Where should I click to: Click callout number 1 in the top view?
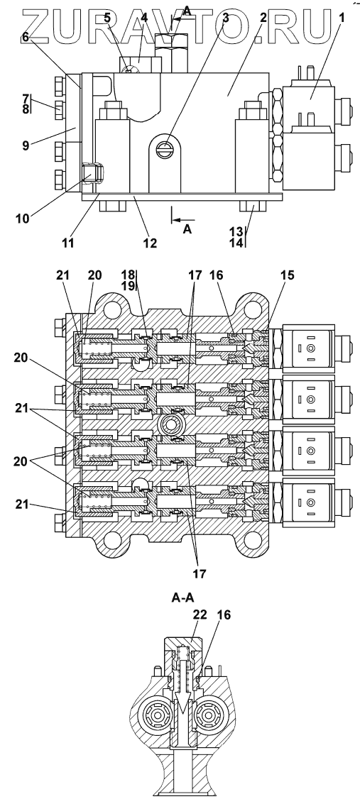(x=342, y=17)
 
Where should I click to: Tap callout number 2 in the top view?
(x=263, y=17)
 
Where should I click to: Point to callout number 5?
(x=107, y=17)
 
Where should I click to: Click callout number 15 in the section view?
(x=287, y=275)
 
